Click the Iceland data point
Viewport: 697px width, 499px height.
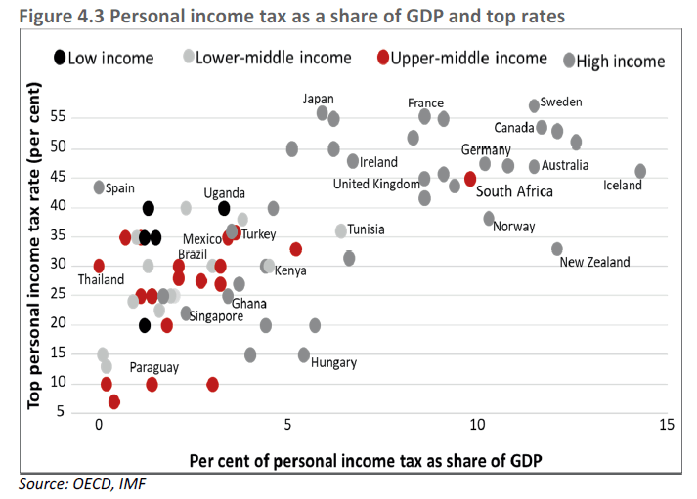[x=640, y=171]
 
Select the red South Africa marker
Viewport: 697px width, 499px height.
[x=470, y=179]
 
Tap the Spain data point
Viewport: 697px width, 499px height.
[x=99, y=187]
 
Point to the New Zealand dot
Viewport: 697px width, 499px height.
[x=557, y=249]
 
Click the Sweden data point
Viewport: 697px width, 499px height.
[x=534, y=105]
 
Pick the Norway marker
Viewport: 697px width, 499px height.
[x=489, y=218]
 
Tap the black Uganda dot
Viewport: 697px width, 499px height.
[x=224, y=208]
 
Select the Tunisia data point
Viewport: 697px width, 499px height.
[x=341, y=230]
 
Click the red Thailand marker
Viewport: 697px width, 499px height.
[x=99, y=266]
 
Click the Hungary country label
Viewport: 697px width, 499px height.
[x=333, y=362]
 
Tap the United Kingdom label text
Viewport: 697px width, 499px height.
[x=376, y=184]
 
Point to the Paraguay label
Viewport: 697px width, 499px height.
[x=153, y=367]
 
